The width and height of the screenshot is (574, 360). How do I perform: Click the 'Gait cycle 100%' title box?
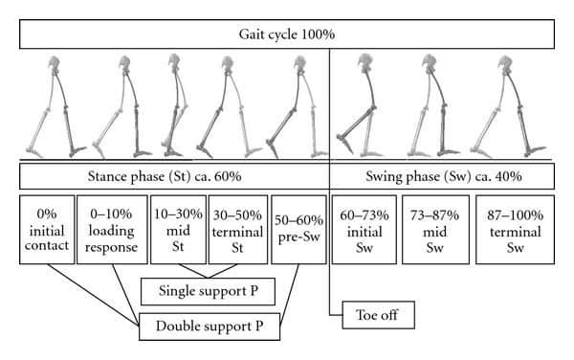287,34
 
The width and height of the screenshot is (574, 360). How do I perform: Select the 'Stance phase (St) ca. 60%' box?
174,176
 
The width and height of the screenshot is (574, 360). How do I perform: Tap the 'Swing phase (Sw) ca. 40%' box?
442,176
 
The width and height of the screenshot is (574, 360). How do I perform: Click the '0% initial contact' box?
47,230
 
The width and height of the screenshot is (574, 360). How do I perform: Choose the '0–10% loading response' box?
112,230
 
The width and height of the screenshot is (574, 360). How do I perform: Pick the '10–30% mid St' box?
178,230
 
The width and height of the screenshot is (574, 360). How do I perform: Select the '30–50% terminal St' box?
238,230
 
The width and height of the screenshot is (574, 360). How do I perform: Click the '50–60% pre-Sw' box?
298,230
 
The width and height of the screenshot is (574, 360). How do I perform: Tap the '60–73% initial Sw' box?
364,230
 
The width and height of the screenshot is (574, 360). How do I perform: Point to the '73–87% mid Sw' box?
435,230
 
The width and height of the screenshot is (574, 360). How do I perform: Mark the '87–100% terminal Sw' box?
515,230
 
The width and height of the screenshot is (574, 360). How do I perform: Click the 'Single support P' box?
208,291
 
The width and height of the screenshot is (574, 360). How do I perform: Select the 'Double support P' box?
210,326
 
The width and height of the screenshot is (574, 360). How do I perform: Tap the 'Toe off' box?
378,315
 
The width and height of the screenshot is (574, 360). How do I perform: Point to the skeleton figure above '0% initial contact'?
55,107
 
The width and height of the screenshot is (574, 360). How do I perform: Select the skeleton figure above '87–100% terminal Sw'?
508,107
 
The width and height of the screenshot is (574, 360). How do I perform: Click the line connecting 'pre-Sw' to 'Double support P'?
290,295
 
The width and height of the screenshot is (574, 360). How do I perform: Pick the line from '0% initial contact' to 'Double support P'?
93,295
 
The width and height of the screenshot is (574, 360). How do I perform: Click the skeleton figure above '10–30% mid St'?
176,106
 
